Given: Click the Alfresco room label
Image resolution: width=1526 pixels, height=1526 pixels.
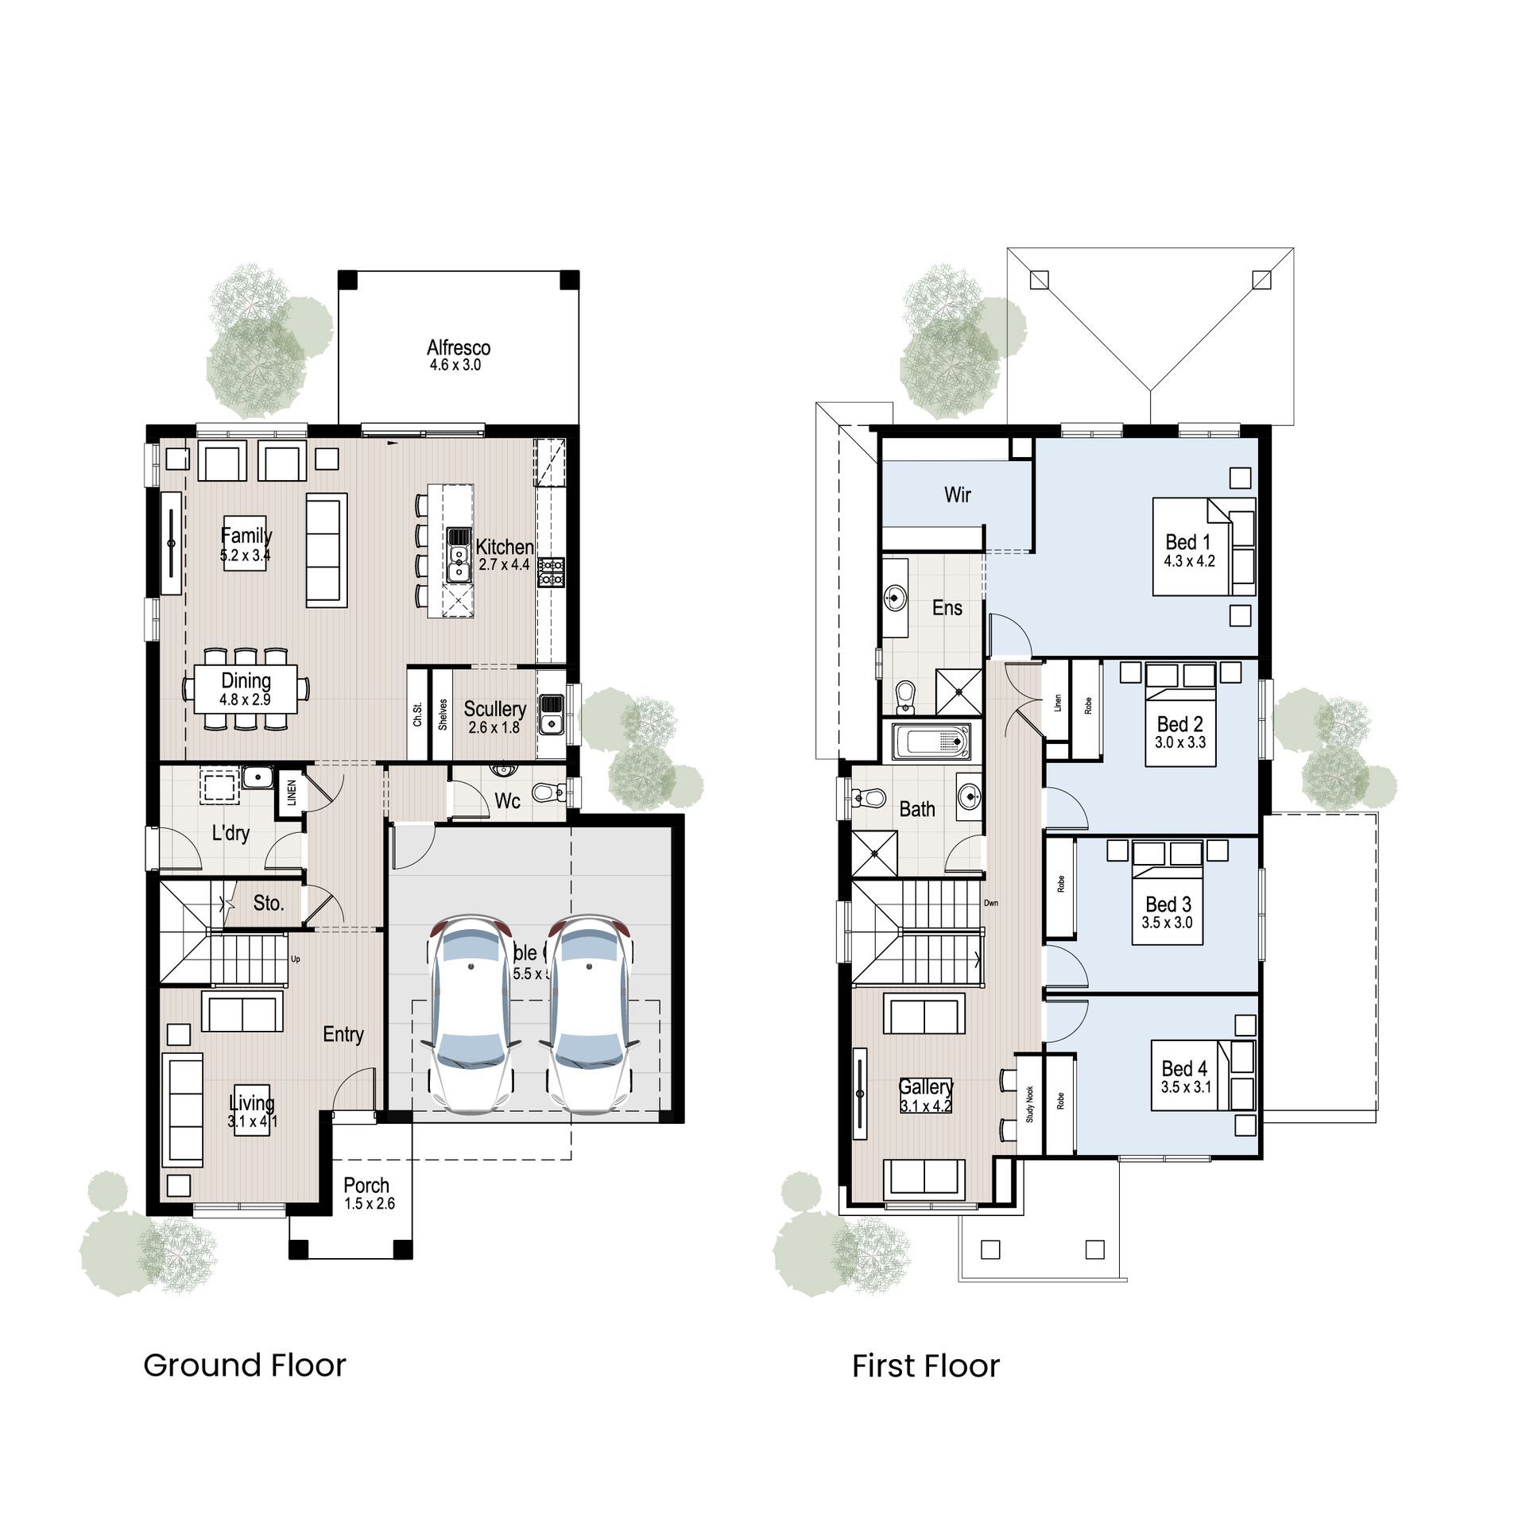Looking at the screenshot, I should tap(459, 347).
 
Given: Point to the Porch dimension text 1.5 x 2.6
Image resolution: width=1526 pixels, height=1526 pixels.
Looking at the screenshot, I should tap(370, 1203).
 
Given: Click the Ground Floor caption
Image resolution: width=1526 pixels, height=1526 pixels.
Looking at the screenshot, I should tap(244, 1365).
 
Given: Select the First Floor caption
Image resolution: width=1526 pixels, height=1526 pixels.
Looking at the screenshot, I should tap(925, 1366).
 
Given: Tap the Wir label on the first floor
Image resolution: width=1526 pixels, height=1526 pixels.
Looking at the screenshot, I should tap(957, 494).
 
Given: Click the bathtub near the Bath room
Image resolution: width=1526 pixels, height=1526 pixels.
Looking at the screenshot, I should tap(930, 742).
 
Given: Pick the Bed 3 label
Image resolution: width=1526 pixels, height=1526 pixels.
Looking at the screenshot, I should tap(1168, 904).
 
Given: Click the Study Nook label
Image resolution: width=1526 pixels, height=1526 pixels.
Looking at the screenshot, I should tap(1030, 1104).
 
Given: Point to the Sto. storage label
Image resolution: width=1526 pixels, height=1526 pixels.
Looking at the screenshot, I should tap(269, 903).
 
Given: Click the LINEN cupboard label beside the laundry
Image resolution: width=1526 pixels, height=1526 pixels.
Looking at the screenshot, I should tap(291, 792).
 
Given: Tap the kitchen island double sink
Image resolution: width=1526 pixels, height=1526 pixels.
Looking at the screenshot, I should tap(459, 554).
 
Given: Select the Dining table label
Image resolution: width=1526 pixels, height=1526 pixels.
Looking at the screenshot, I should tap(246, 681).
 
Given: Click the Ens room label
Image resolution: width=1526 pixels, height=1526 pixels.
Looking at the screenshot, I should tap(947, 608).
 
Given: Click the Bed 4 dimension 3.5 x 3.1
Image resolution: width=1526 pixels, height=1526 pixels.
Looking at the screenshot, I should tap(1186, 1087).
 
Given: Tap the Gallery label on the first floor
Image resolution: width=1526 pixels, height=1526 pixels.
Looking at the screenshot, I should tap(925, 1086).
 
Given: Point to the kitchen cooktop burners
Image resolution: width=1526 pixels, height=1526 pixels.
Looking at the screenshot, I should tap(551, 572).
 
